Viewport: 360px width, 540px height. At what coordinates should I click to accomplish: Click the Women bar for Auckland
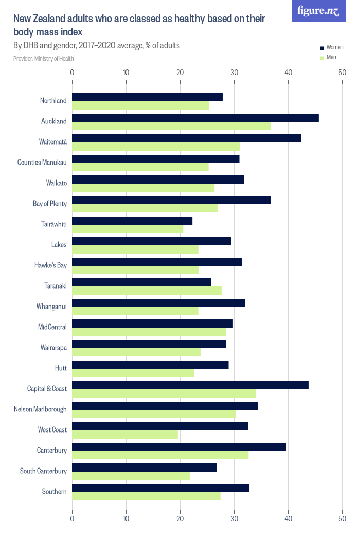pos(195,118)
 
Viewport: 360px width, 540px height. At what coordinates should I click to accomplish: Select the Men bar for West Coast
pos(125,435)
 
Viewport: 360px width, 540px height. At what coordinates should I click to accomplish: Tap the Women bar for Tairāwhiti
pos(132,221)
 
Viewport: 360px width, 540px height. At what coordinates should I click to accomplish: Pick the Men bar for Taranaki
pos(147,291)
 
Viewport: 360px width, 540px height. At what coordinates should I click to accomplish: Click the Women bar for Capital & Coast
pos(190,385)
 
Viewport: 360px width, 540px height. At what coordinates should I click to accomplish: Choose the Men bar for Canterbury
pos(160,455)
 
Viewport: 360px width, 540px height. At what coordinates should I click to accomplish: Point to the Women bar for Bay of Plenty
pos(171,200)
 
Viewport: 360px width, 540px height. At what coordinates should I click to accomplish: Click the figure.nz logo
pos(318,11)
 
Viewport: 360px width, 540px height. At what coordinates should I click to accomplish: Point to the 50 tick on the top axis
pos(342,73)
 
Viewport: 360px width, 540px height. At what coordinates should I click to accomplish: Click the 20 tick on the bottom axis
pos(180,519)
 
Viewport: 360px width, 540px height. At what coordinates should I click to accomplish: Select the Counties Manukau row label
pos(42,163)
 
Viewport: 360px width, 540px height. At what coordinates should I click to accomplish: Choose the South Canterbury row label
pos(43,471)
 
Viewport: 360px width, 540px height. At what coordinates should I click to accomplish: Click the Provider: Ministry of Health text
pos(44,59)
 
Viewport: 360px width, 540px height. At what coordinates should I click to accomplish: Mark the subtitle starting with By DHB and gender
pos(97,45)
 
